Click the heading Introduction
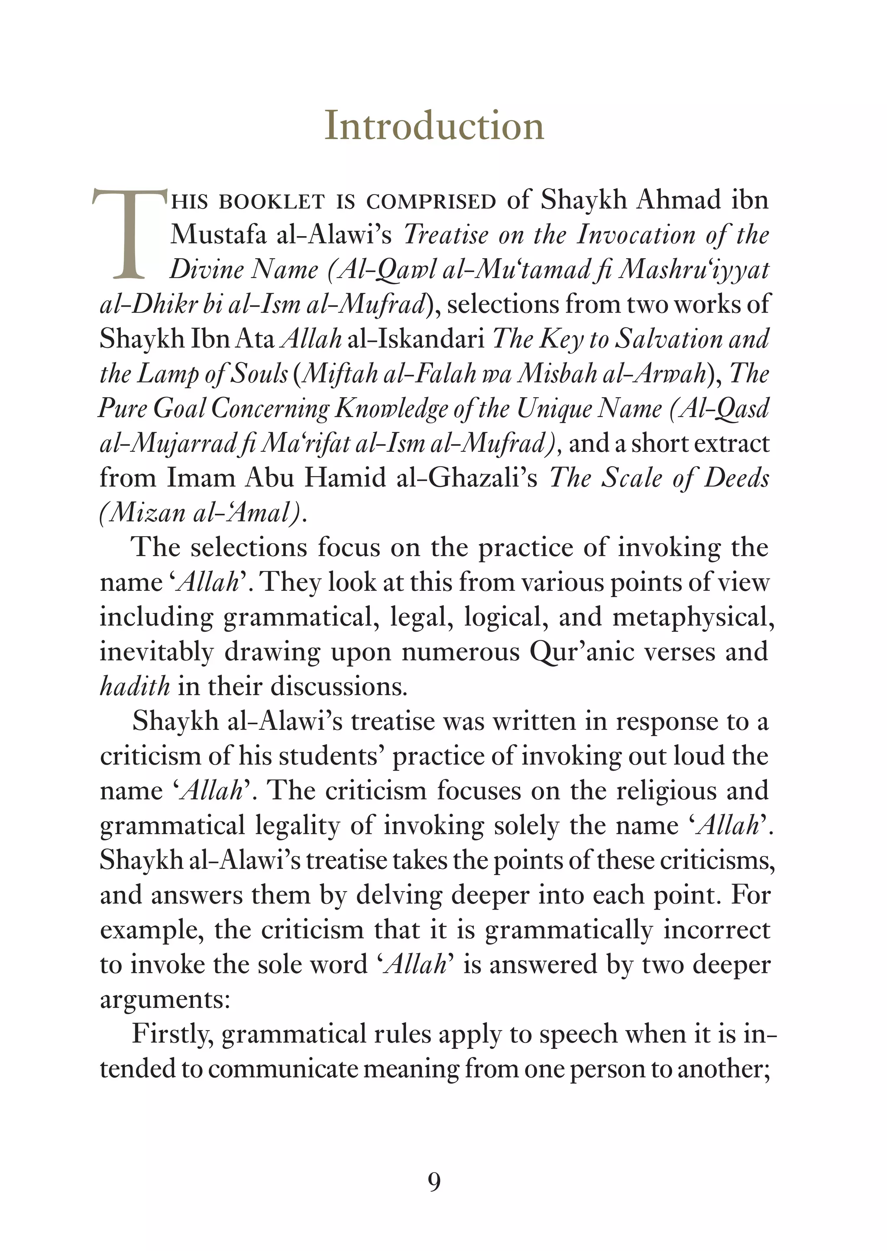click(x=434, y=126)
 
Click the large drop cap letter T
click(x=130, y=234)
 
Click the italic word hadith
click(x=134, y=687)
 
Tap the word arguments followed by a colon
click(x=165, y=1000)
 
